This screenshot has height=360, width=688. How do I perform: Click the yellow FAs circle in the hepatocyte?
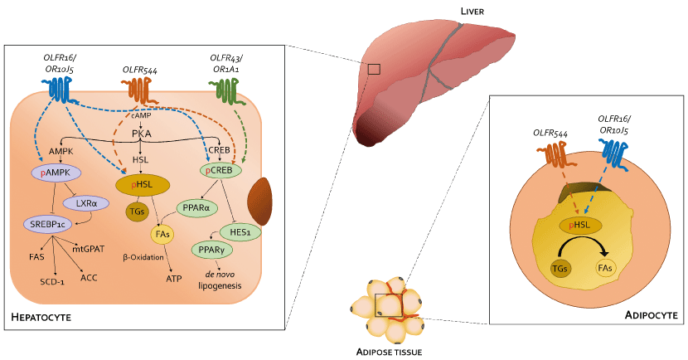[x=162, y=235]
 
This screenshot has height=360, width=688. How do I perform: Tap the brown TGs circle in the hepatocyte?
[x=136, y=212]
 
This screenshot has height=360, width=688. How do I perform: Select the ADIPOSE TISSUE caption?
[x=389, y=353]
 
